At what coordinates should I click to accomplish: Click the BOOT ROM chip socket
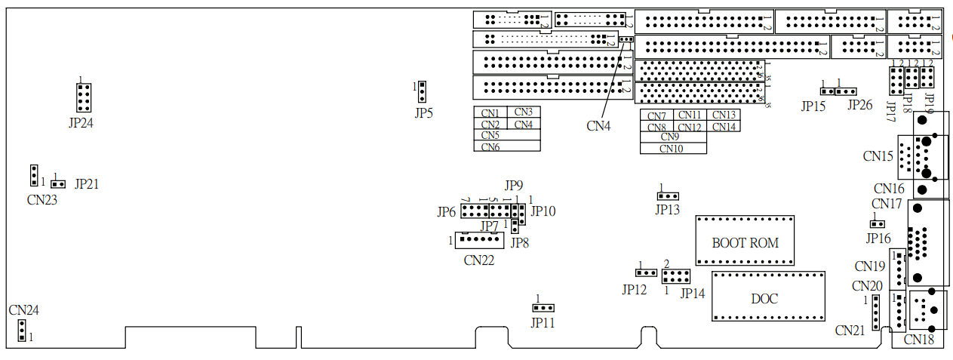coord(745,240)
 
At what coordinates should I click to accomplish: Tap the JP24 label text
coord(81,123)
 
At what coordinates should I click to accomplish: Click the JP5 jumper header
coord(423,91)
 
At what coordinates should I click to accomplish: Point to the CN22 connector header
coord(479,240)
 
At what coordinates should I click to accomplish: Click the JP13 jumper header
coord(668,196)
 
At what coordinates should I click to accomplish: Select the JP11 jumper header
coord(543,308)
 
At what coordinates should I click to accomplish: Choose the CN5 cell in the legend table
coord(490,135)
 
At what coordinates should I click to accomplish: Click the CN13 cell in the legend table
coord(724,115)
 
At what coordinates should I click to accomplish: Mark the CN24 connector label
coord(24,310)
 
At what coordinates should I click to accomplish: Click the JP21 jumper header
coord(57,184)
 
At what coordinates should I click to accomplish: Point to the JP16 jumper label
coord(878,238)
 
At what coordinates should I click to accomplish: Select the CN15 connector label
coord(878,156)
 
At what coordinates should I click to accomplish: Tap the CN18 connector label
coord(918,340)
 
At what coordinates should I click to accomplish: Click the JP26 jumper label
coord(860,105)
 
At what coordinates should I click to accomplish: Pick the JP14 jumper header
coord(676,275)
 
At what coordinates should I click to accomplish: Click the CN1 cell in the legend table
coord(490,112)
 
